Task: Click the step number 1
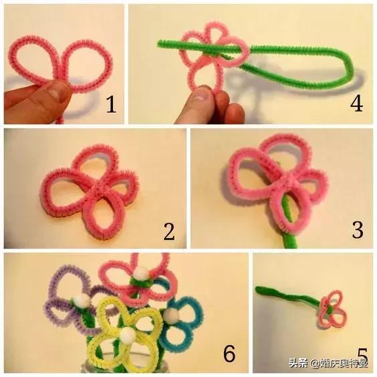(111, 104)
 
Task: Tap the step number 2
(169, 231)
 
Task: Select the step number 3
(358, 230)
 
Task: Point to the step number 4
(356, 104)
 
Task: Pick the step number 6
(229, 354)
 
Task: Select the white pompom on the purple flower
(80, 299)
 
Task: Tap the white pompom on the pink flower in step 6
(140, 273)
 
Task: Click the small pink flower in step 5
(333, 309)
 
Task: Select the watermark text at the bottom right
(328, 363)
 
